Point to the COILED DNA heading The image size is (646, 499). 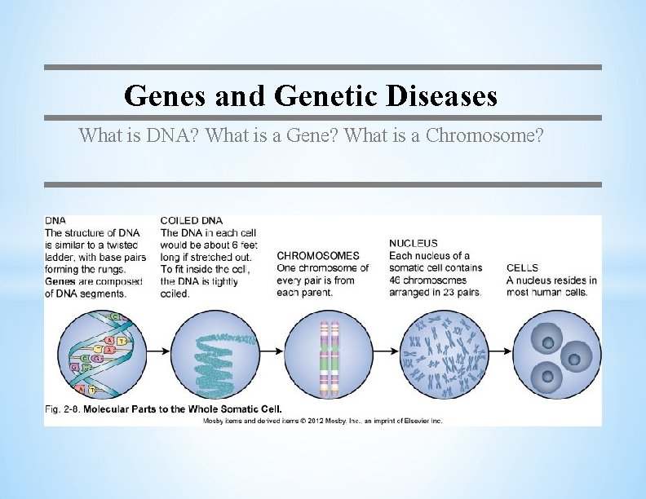coord(192,220)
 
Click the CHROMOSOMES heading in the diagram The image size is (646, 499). coord(318,256)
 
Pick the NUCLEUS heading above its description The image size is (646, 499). coord(413,243)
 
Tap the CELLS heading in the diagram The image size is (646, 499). coord(522,268)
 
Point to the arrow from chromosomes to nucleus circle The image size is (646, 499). coord(387,351)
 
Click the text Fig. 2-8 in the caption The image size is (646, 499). coord(63,408)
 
